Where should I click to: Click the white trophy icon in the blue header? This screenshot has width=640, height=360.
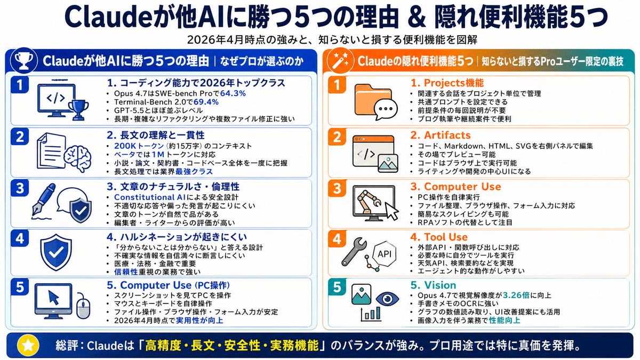coord(24,61)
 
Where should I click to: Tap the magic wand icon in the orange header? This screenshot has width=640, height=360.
coord(341,61)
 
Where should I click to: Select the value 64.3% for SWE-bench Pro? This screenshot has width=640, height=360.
coord(233,93)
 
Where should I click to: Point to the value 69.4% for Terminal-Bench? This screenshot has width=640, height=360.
coord(206,102)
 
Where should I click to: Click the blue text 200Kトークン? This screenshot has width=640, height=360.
coord(139,146)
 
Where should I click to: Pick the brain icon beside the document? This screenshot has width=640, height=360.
coord(78,159)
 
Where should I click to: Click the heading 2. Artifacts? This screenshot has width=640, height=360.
coord(441,135)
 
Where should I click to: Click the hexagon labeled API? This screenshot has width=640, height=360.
coord(385,254)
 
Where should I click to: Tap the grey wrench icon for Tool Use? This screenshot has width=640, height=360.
coord(354,252)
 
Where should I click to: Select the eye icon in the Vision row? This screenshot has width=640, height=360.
coord(387,299)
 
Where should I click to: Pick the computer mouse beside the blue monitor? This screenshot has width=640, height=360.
coord(83,306)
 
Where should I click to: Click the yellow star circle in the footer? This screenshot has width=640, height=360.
coord(28,346)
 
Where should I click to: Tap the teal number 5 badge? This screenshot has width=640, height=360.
coord(337,287)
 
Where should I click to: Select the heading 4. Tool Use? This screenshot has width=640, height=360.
coord(439,237)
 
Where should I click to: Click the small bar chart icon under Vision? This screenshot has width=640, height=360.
coord(371,314)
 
